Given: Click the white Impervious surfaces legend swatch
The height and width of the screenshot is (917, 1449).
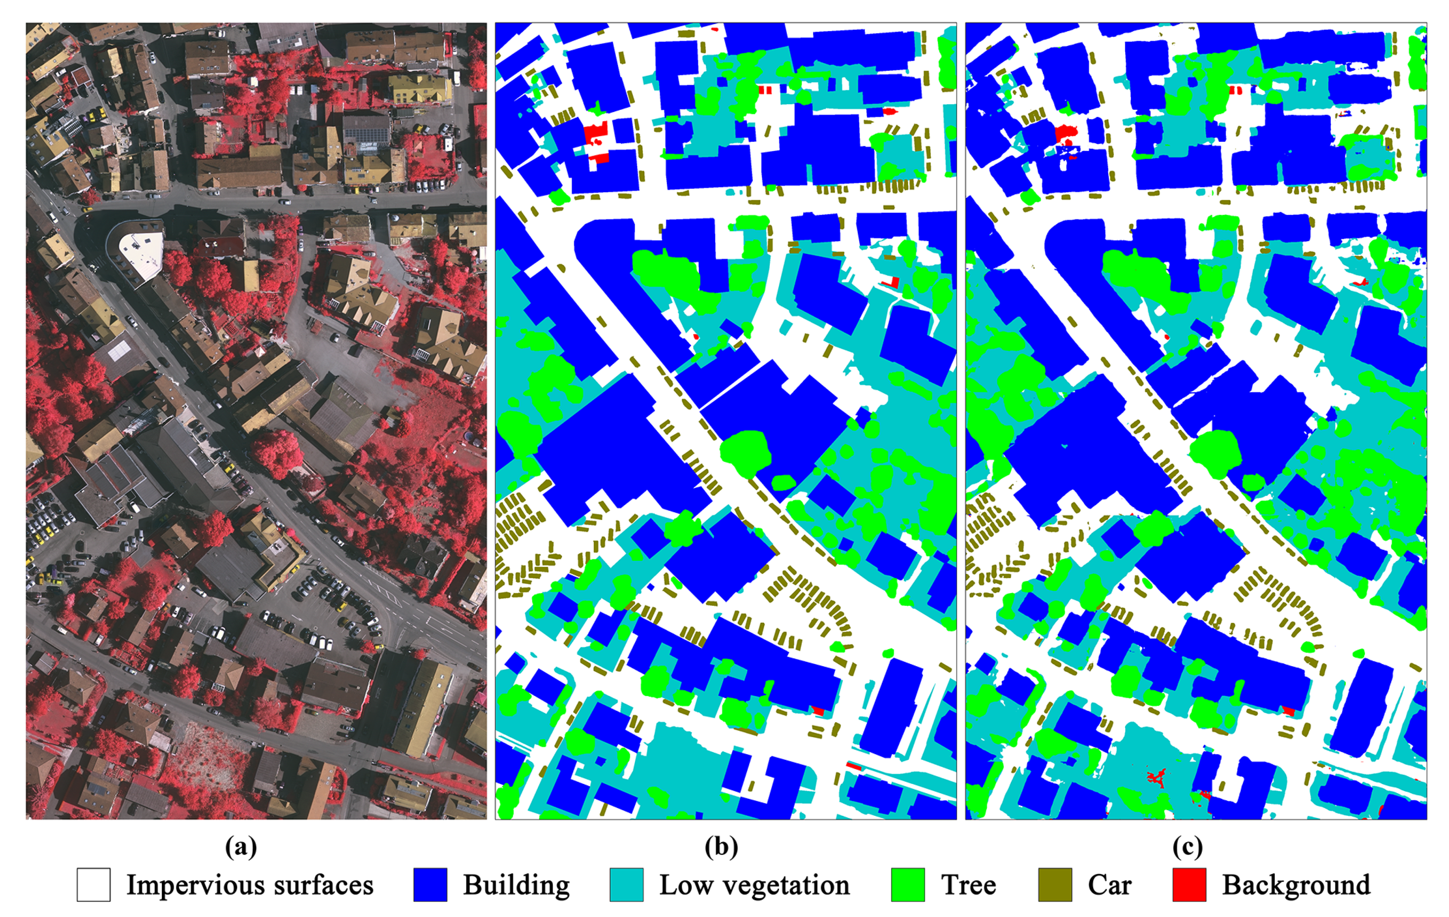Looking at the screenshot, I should (x=93, y=885).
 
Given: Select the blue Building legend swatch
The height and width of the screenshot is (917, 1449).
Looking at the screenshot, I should (x=430, y=885).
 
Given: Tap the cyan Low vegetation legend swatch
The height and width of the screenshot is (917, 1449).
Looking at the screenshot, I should (x=626, y=885).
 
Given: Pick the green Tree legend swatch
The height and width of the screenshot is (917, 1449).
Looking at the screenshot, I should (x=908, y=885).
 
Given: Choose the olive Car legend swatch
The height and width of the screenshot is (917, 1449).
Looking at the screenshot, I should (x=1055, y=885).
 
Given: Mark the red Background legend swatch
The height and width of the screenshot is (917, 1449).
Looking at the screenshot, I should (x=1189, y=885).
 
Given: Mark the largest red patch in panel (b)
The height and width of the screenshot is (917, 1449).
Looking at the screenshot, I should (x=594, y=132).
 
